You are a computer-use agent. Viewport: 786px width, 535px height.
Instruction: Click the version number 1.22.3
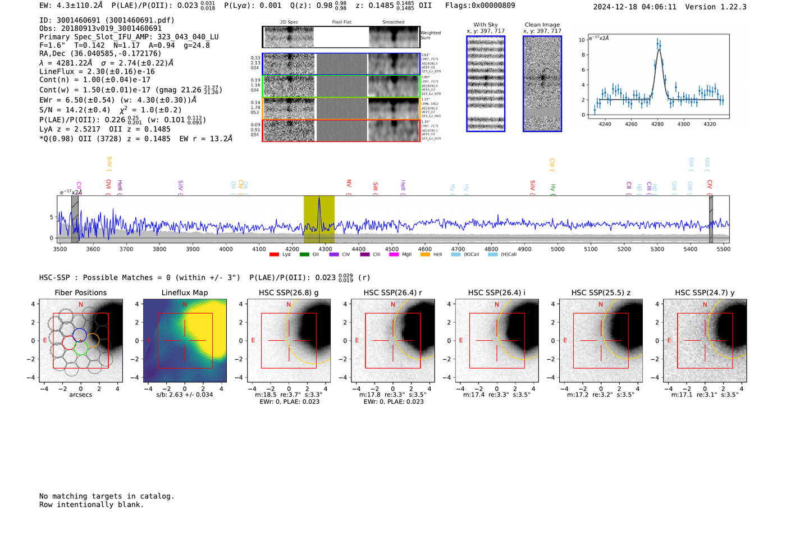coord(730,7)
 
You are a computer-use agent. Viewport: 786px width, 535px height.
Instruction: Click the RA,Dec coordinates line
coord(100,54)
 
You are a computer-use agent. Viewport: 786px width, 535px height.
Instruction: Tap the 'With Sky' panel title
coord(486,25)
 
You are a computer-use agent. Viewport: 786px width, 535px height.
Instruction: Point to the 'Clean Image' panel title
coord(542,25)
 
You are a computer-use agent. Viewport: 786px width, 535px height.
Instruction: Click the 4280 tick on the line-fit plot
coord(657,124)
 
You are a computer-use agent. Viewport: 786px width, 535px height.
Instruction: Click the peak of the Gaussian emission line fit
coord(659,50)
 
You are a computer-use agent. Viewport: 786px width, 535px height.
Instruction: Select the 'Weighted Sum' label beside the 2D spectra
coord(431,35)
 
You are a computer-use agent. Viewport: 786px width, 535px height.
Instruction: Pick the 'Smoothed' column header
coord(393,22)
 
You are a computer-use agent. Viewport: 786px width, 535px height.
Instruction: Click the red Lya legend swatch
coord(274,255)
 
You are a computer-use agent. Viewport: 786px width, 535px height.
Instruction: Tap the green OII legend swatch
coord(304,255)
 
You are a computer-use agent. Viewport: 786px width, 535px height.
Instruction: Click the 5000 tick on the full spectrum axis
coord(557,249)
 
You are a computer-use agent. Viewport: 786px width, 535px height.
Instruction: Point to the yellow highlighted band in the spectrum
coord(319,219)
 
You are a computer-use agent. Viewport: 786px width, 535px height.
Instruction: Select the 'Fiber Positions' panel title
coord(80,292)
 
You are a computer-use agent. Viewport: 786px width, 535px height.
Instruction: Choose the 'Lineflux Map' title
coord(185,292)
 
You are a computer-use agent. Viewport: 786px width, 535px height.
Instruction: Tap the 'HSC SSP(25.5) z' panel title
coord(601,292)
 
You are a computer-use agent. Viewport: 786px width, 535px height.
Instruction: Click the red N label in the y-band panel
coord(705,305)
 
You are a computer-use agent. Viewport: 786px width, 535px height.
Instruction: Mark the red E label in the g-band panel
coord(253,341)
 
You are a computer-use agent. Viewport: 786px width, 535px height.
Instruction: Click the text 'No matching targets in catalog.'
coord(107,496)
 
